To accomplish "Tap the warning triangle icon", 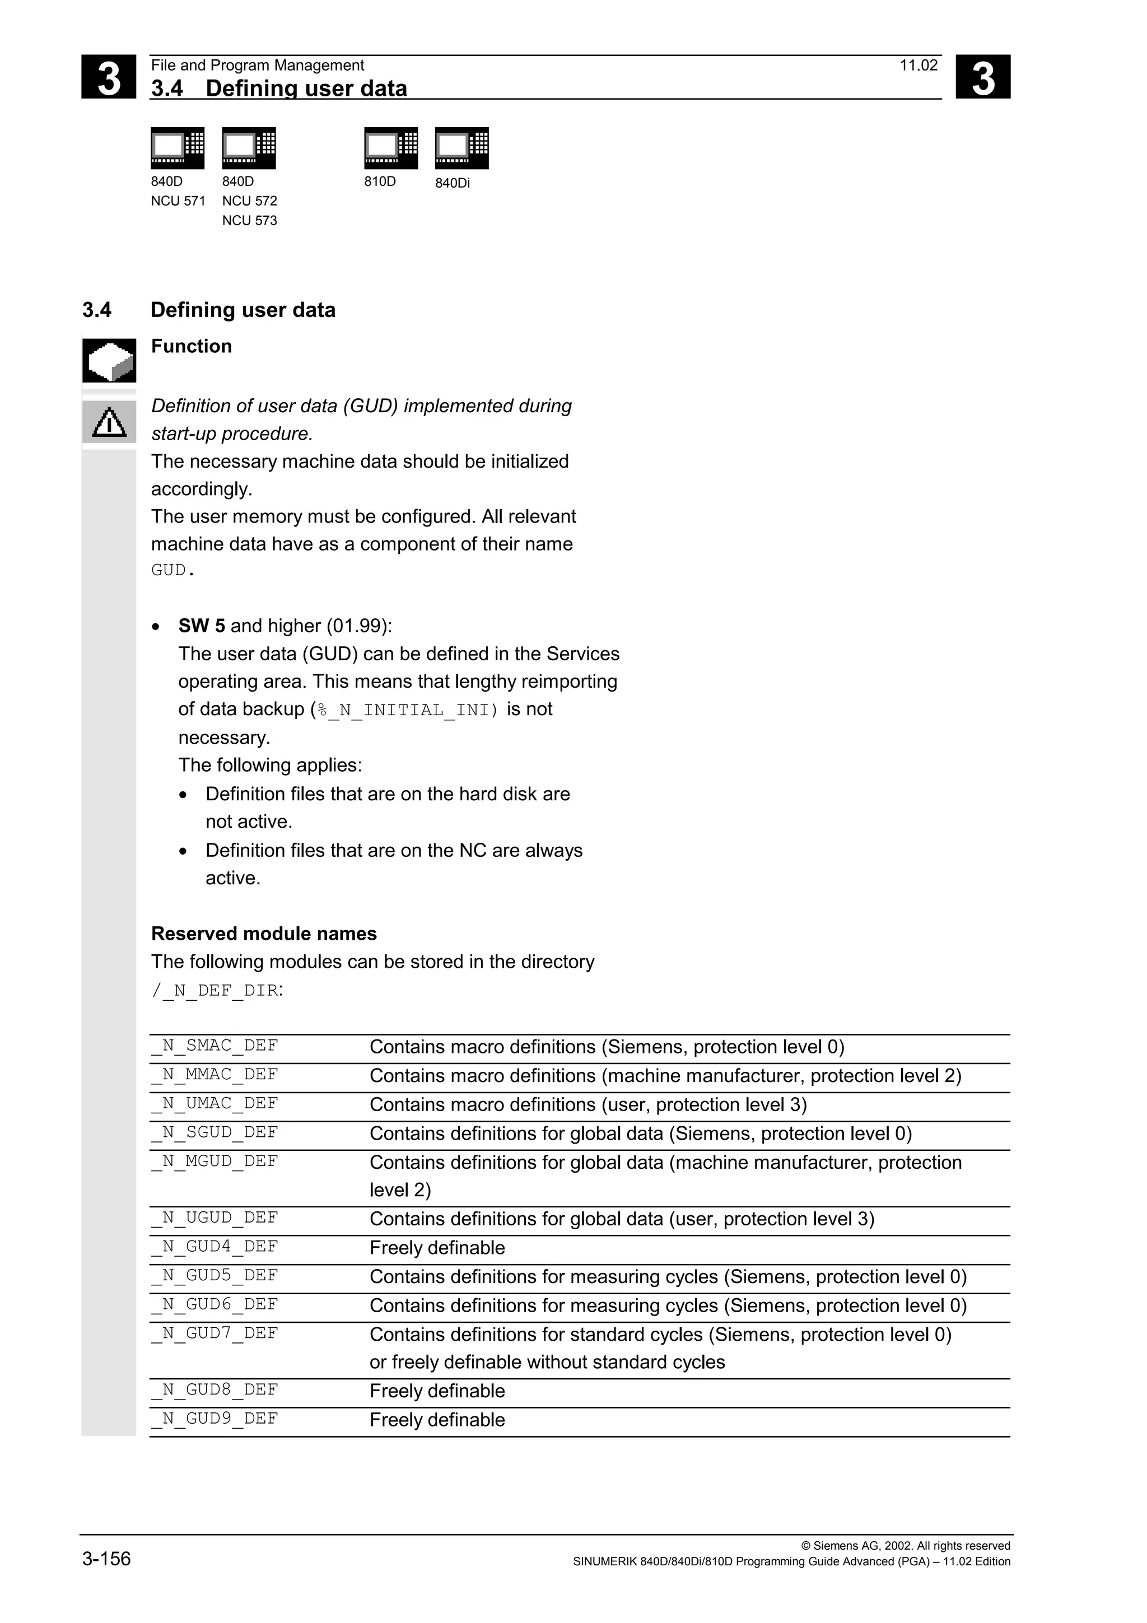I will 109,423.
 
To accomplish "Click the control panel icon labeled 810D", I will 391,148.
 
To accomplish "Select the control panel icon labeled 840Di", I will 461,148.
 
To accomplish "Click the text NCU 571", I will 178,200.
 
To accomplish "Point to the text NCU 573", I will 249,221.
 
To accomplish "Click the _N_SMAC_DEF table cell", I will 215,1046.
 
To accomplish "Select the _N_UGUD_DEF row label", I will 215,1218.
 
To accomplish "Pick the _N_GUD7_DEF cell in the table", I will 215,1333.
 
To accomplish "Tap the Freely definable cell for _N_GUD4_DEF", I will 437,1248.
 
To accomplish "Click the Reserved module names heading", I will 264,934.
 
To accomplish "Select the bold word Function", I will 192,346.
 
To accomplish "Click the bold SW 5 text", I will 202,626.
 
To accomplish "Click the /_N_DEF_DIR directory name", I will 215,990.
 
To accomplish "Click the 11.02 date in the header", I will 918,66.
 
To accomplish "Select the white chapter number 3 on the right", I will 982,77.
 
